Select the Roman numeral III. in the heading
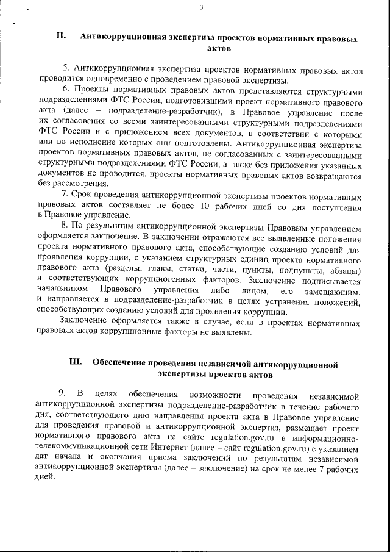point(76,362)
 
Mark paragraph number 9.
point(62,390)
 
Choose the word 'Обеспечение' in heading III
point(120,362)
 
